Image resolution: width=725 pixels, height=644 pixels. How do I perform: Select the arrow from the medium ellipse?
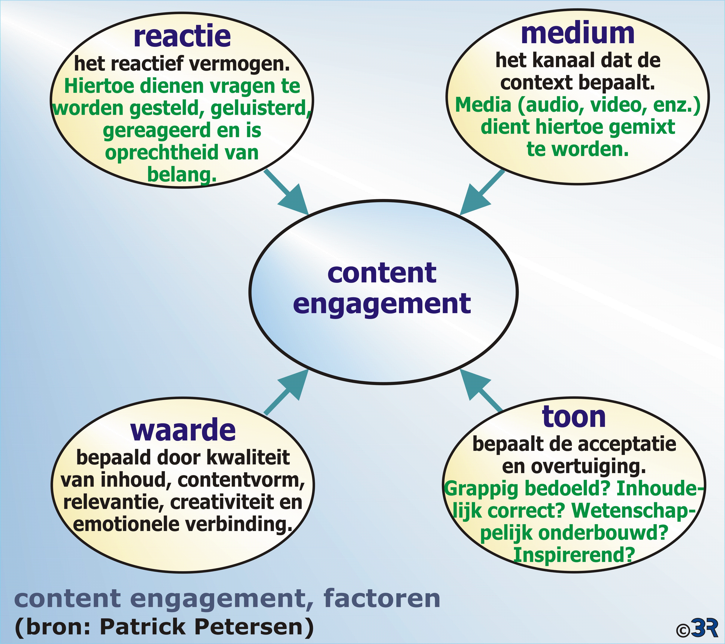tap(482, 192)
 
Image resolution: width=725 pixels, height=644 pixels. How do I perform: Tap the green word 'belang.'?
tap(182, 174)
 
